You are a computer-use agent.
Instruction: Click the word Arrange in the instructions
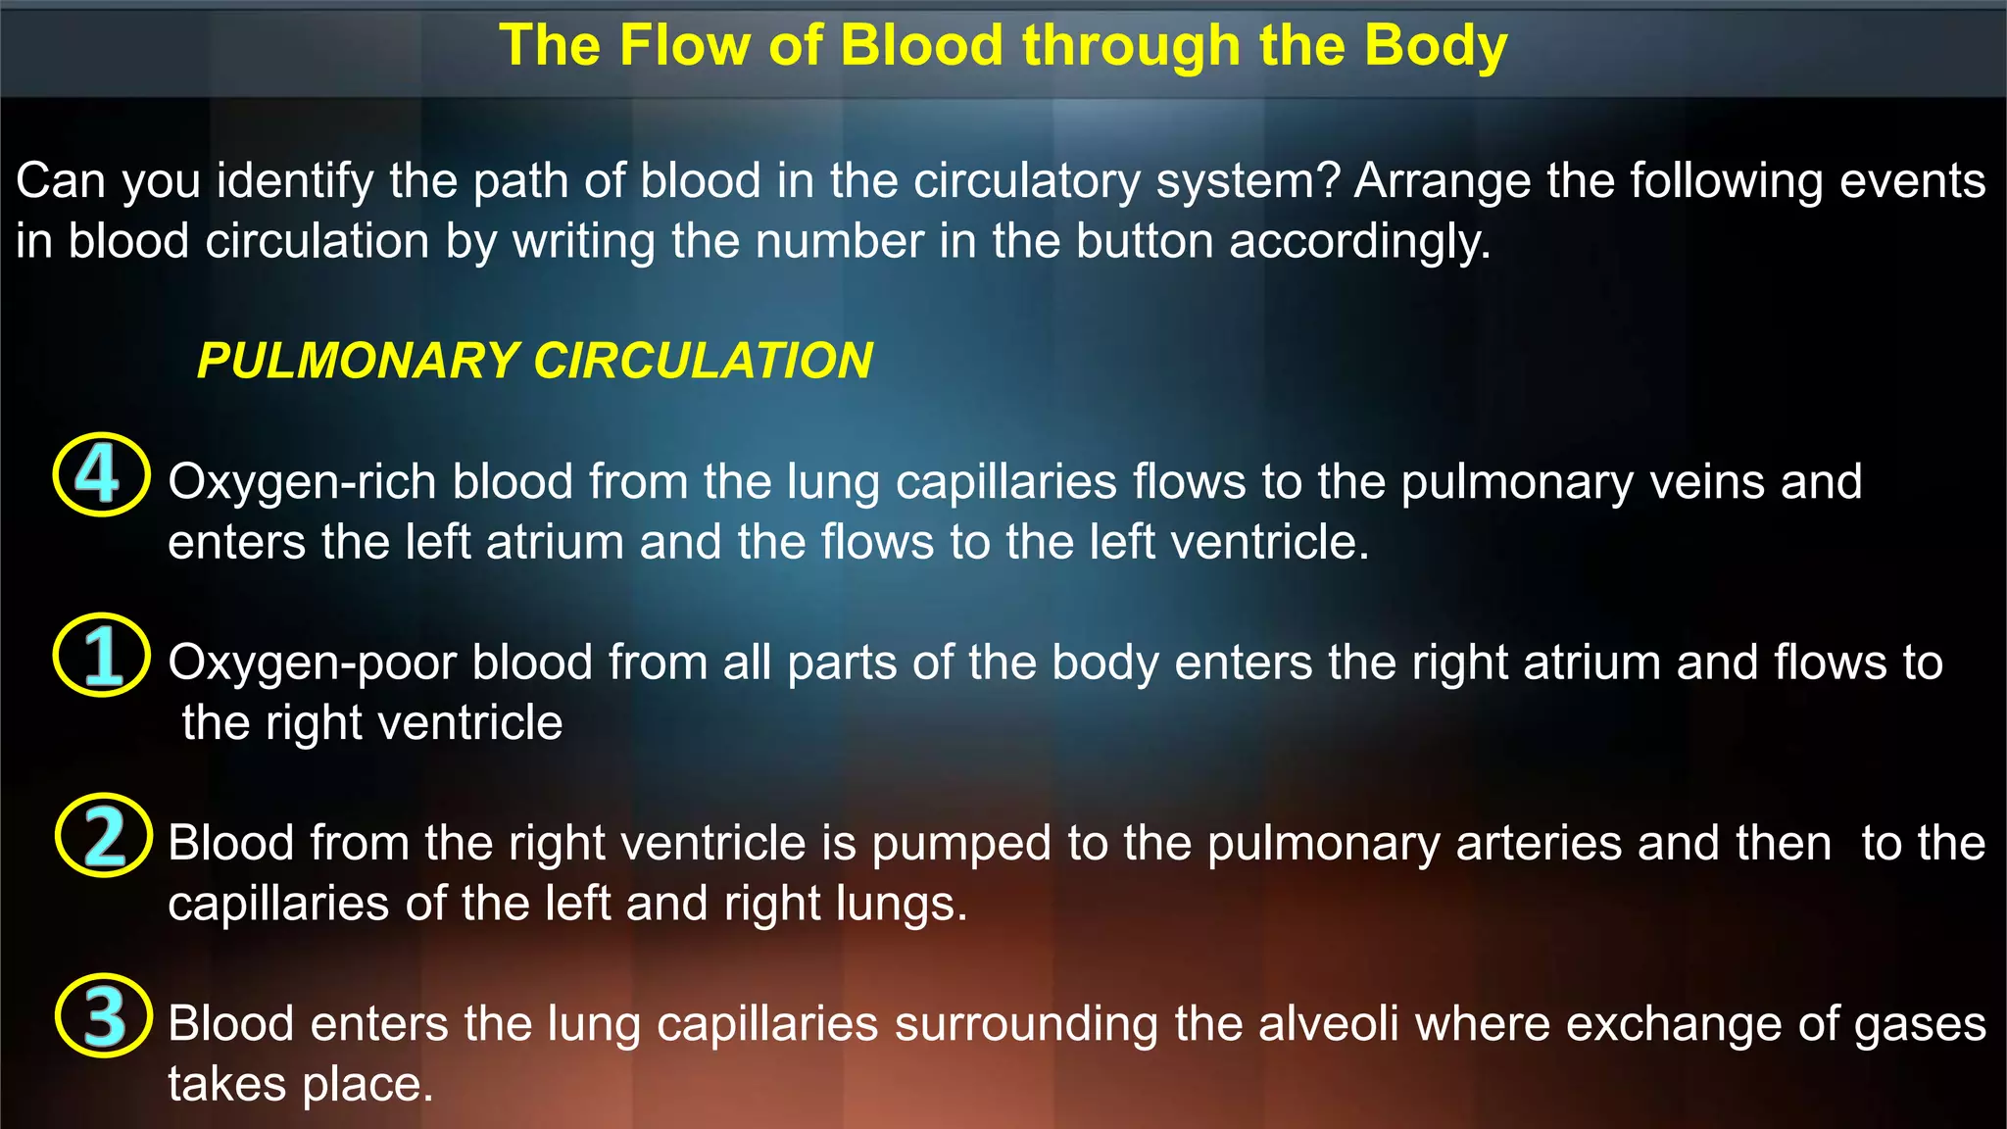1443,181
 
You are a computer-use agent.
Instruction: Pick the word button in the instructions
1145,241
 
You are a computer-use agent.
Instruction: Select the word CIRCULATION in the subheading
703,361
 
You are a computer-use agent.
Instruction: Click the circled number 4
100,474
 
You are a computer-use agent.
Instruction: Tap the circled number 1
101,655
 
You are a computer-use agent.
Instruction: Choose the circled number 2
103,835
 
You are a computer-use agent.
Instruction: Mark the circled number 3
103,1015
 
